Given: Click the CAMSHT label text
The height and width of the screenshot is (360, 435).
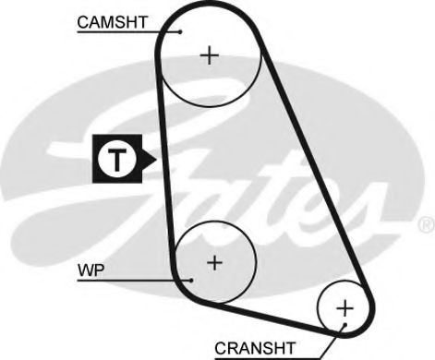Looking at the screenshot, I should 111,20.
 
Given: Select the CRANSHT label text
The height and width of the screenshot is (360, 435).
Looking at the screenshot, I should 254,347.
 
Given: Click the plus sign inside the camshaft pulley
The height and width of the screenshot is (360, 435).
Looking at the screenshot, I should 211,55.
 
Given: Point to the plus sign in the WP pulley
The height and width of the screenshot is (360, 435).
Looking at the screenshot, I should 214,262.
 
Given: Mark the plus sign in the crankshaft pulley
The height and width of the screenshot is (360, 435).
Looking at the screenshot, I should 344,306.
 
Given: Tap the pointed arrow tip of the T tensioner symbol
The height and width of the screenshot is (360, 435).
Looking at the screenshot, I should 157,160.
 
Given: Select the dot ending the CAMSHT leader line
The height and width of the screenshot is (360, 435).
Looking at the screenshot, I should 182,31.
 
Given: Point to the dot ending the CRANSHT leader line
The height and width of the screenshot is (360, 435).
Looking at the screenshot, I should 342,325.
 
